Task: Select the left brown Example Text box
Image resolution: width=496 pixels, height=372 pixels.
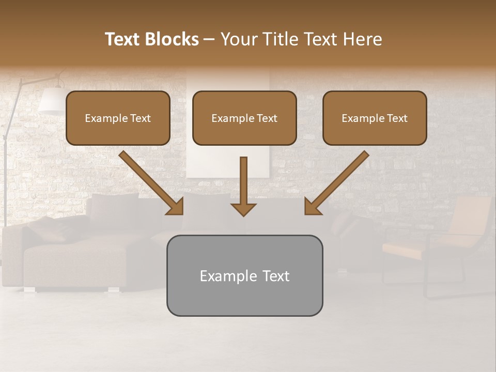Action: point(118,118)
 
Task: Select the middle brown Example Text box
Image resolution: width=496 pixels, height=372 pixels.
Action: point(244,118)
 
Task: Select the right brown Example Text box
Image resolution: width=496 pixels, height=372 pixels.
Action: point(375,118)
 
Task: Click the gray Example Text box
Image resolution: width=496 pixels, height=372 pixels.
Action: point(244,275)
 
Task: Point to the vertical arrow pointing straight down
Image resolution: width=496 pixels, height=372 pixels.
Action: point(243,186)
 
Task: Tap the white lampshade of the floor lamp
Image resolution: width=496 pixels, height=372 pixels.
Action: point(51,101)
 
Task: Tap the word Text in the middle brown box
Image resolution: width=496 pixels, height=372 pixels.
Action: point(267,118)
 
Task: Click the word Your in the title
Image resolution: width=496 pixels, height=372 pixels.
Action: point(239,39)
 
